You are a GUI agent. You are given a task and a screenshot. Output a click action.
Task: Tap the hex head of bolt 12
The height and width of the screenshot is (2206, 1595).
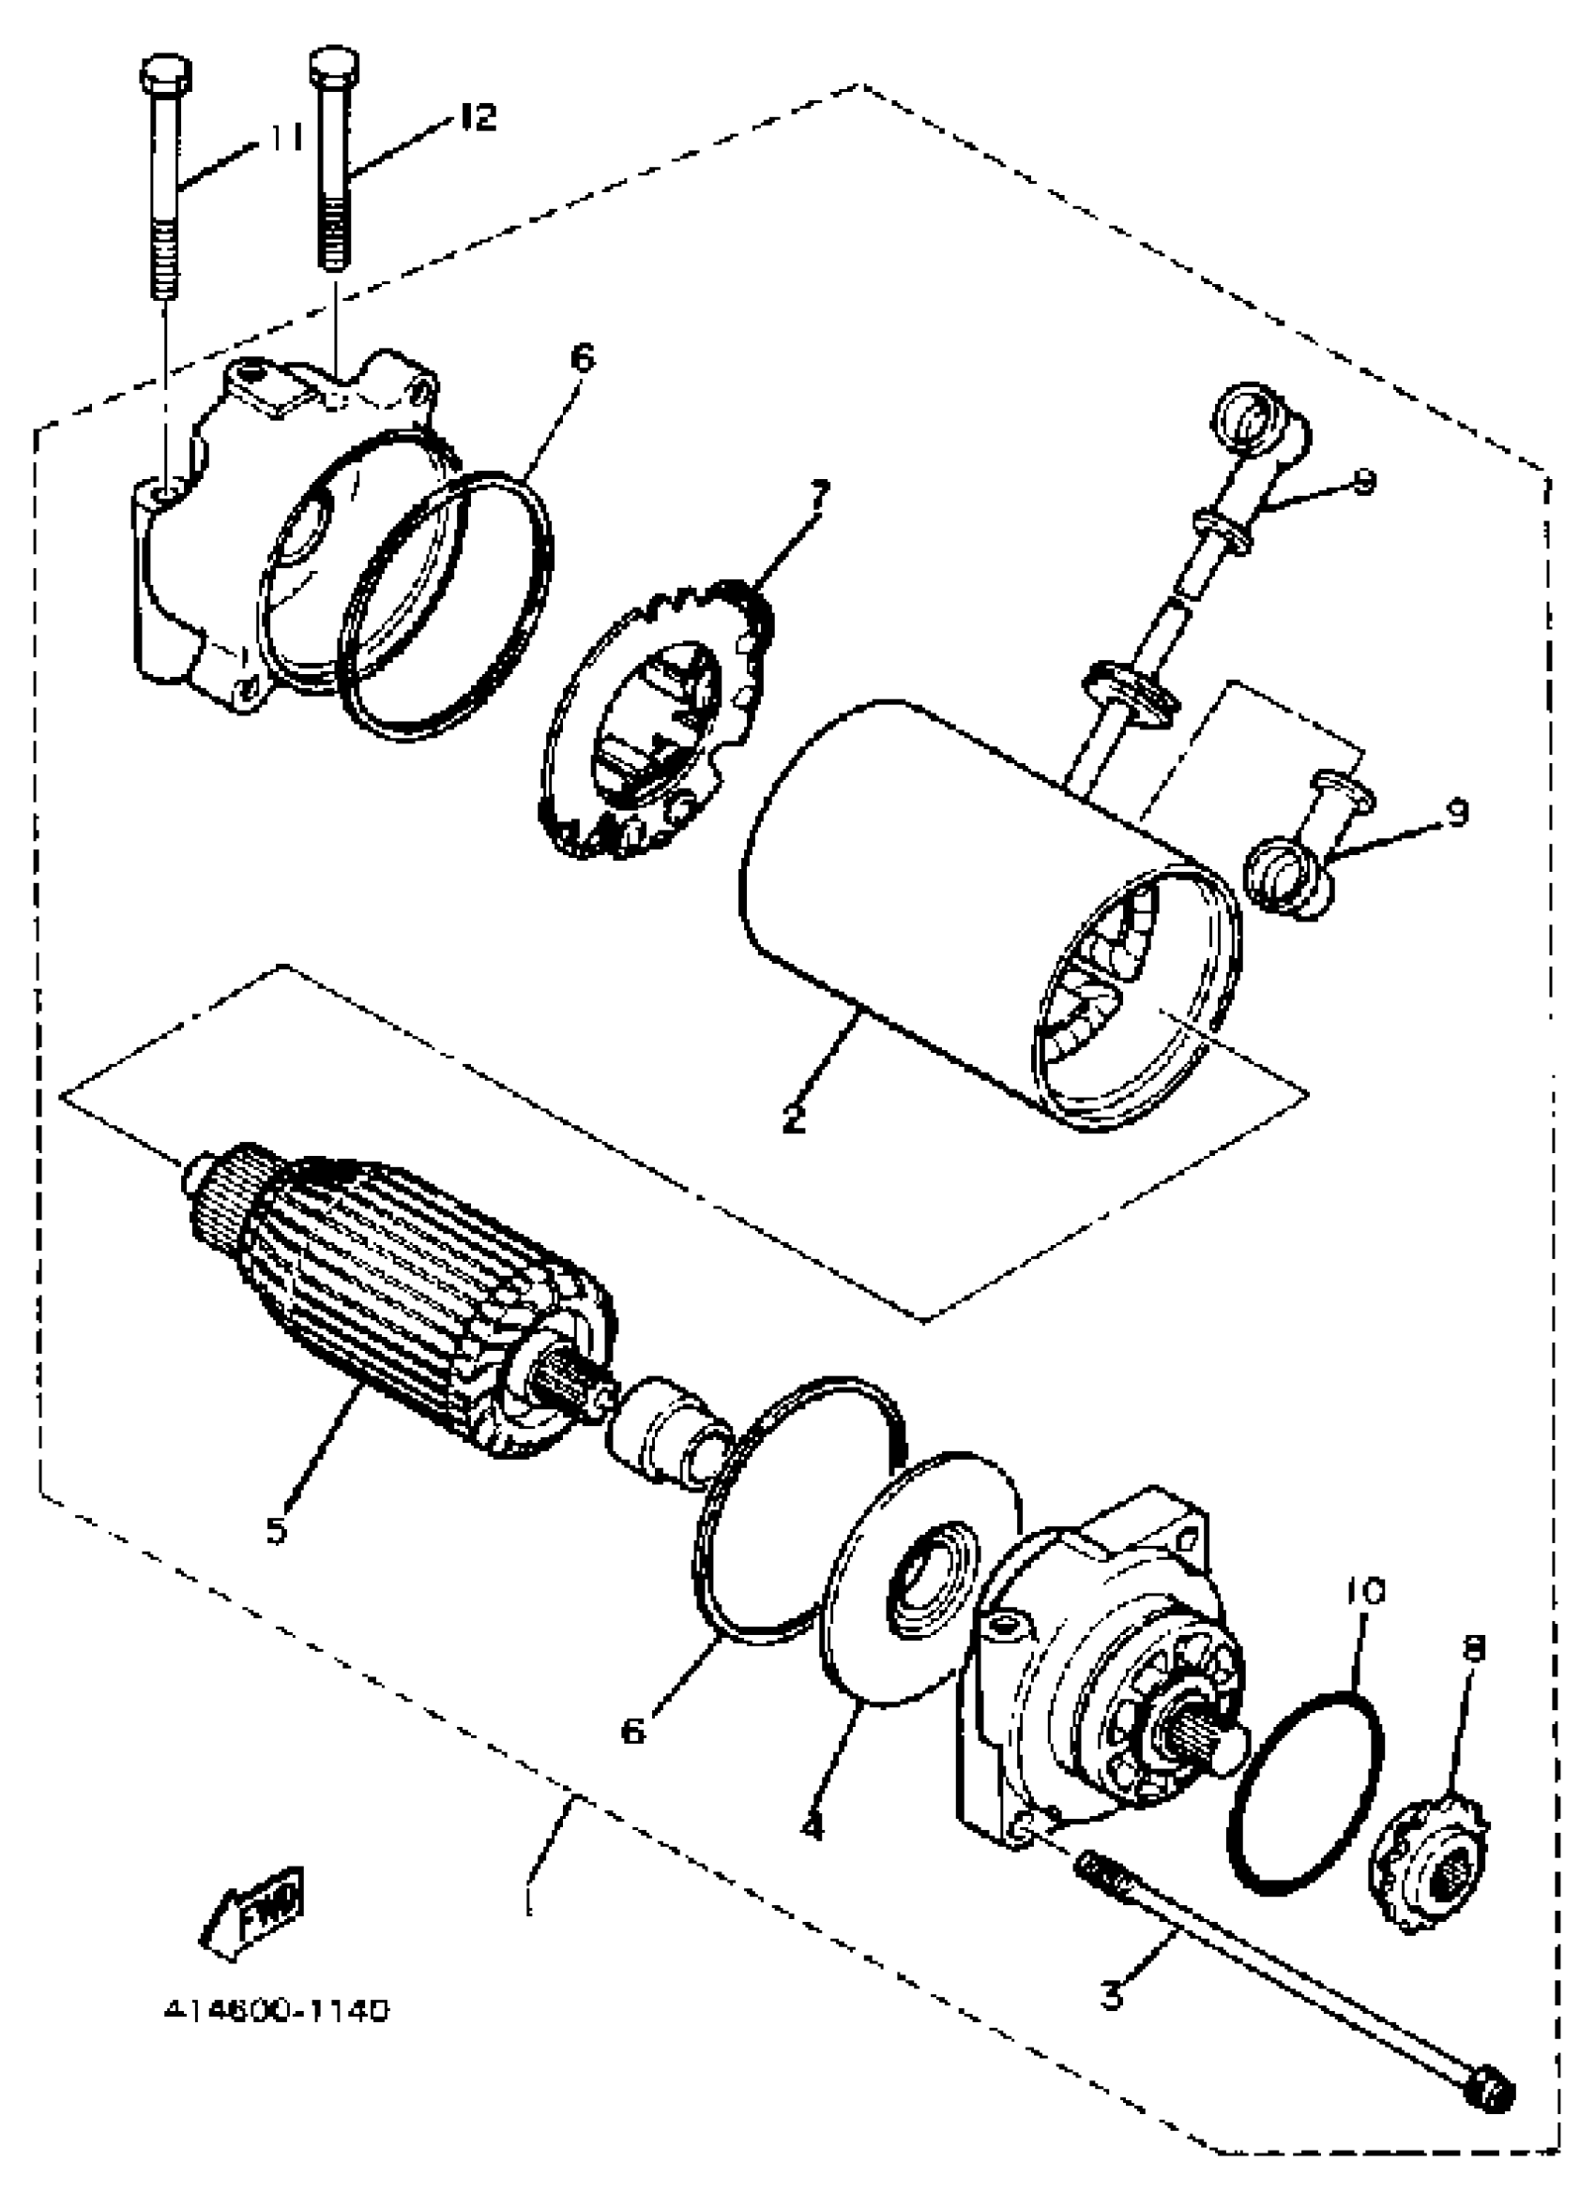click(334, 67)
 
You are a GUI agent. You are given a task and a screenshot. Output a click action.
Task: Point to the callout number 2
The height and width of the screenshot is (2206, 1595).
click(793, 1118)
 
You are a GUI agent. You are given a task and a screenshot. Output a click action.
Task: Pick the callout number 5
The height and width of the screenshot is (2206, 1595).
click(278, 1530)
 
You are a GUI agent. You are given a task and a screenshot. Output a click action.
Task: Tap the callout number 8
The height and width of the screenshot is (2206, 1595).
click(1474, 1646)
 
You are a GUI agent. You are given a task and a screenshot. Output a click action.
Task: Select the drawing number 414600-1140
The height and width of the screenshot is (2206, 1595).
click(277, 2009)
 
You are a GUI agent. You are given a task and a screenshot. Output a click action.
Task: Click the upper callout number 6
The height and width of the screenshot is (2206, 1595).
click(580, 358)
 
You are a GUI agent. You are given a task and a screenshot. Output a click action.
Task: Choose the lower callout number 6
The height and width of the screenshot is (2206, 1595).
click(633, 1730)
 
